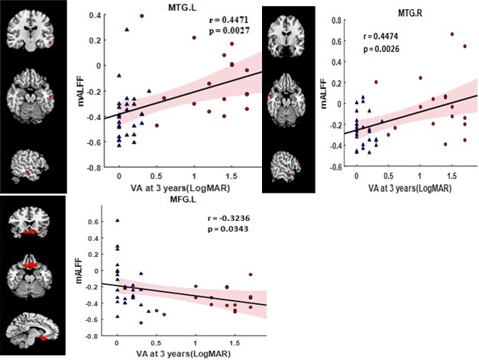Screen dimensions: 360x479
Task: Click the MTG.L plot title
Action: click(188, 7)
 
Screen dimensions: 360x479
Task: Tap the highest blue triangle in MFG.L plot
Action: click(117, 220)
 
